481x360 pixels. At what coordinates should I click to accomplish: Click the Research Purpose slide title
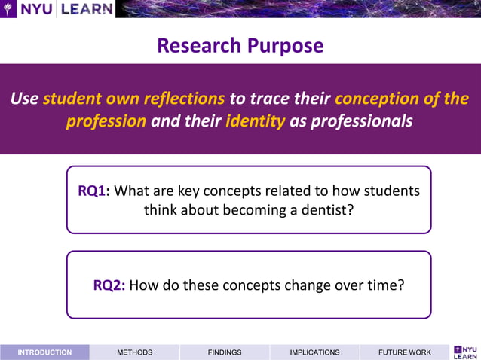(240, 45)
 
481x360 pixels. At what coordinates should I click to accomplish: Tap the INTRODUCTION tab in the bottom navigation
(44, 352)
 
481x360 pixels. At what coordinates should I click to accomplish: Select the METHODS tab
(134, 352)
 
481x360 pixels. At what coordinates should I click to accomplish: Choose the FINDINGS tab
(225, 352)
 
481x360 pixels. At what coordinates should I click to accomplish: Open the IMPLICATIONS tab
(314, 352)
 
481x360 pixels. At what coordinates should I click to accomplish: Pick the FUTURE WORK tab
(404, 352)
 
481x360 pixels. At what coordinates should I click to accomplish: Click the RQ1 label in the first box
(94, 191)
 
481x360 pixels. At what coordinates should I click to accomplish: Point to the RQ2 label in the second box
(109, 285)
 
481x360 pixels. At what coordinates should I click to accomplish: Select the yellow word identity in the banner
(255, 121)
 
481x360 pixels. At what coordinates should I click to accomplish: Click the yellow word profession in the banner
(106, 121)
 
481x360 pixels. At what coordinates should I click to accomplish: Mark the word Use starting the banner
(25, 99)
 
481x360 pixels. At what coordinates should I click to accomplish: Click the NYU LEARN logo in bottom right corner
(465, 352)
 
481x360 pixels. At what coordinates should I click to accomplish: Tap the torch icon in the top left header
(9, 9)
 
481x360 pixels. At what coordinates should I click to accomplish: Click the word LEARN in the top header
(87, 9)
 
